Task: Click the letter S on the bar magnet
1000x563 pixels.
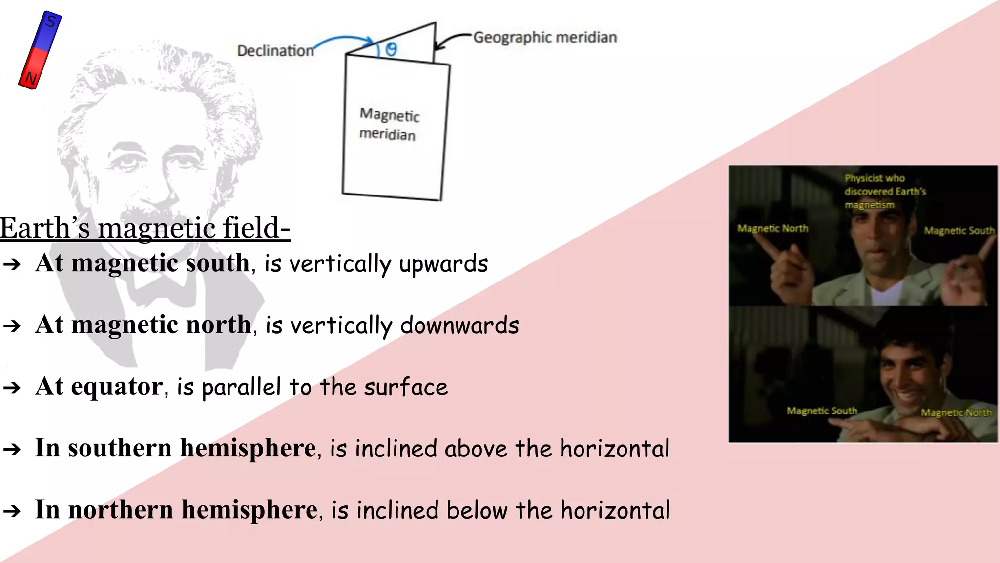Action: (51, 22)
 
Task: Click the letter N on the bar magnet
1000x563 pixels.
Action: (31, 78)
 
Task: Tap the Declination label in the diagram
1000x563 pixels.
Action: (275, 50)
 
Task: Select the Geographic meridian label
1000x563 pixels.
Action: (545, 37)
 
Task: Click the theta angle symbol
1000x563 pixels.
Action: (391, 49)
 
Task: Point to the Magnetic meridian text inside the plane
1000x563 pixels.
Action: (389, 124)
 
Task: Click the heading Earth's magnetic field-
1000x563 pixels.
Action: (145, 228)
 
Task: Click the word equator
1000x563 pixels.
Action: (116, 387)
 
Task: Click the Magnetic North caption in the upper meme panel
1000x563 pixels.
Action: (772, 228)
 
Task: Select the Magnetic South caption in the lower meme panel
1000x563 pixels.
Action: (822, 411)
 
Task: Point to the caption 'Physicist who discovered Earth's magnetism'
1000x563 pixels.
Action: (884, 191)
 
